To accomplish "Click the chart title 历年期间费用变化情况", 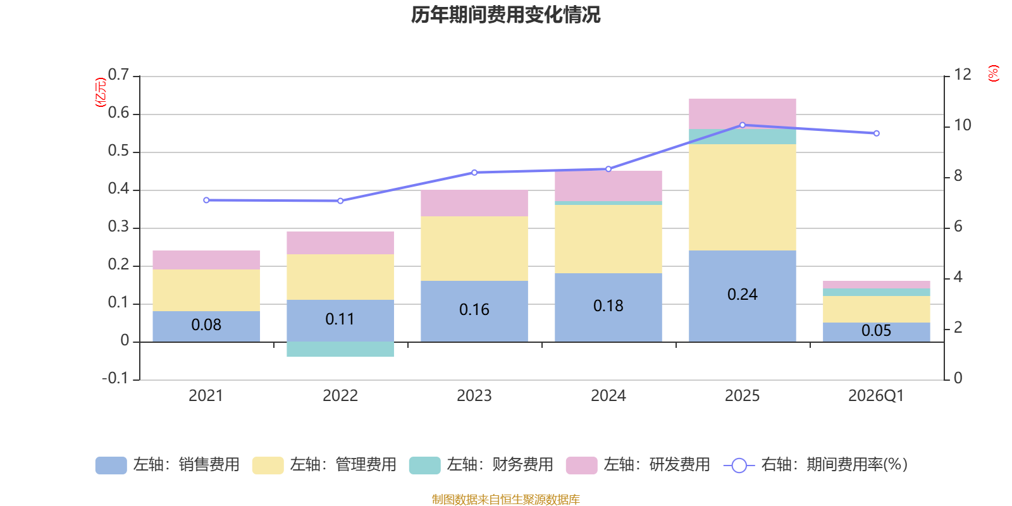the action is tap(505, 15).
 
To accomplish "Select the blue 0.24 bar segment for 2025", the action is tap(743, 296).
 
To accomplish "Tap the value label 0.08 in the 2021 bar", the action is tap(206, 325).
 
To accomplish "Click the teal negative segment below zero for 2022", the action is tap(340, 349).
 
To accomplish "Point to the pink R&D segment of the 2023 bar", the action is tap(474, 203).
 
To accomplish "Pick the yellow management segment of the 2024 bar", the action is tap(608, 239).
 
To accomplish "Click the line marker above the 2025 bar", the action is tap(743, 125).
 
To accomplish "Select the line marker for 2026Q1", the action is tap(877, 133).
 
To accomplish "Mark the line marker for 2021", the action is tap(206, 200).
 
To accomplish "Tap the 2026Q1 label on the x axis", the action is tap(876, 396).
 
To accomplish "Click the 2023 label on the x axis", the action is tap(474, 396).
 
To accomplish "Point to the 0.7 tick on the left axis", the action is tap(118, 75).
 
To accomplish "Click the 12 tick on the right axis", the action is tap(962, 75).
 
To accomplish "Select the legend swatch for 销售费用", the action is tap(111, 466).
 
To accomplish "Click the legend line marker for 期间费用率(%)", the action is tap(739, 466).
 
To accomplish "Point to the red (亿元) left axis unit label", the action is tap(101, 92).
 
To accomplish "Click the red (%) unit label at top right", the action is tap(993, 73).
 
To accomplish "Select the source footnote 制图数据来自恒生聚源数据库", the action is tap(505, 499).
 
